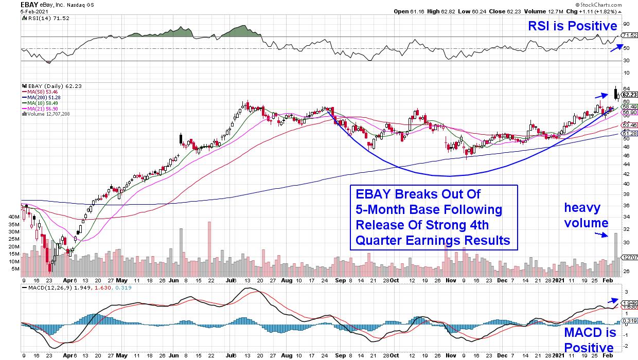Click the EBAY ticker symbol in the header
point(12,4)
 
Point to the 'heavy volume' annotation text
point(586,215)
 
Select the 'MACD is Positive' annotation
point(589,339)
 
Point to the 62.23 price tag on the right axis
point(629,94)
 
